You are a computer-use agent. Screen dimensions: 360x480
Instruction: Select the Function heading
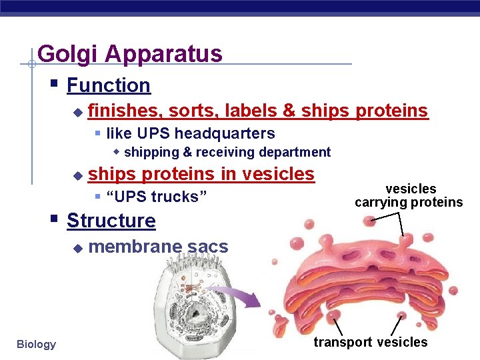[x=109, y=85]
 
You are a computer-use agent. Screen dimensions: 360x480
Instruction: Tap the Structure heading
[x=111, y=221]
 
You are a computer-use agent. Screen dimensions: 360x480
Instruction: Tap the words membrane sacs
[x=158, y=247]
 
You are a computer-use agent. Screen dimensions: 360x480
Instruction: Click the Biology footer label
[x=36, y=344]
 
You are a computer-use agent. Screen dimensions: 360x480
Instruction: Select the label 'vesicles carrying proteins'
[x=409, y=196]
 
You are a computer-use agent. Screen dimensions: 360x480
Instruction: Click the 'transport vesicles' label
[x=371, y=342]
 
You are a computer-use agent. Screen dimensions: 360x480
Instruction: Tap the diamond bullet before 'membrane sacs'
[x=77, y=248]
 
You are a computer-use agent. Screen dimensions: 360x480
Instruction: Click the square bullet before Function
[x=55, y=85]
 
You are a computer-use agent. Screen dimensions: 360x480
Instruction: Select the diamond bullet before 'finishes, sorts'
[x=77, y=111]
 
